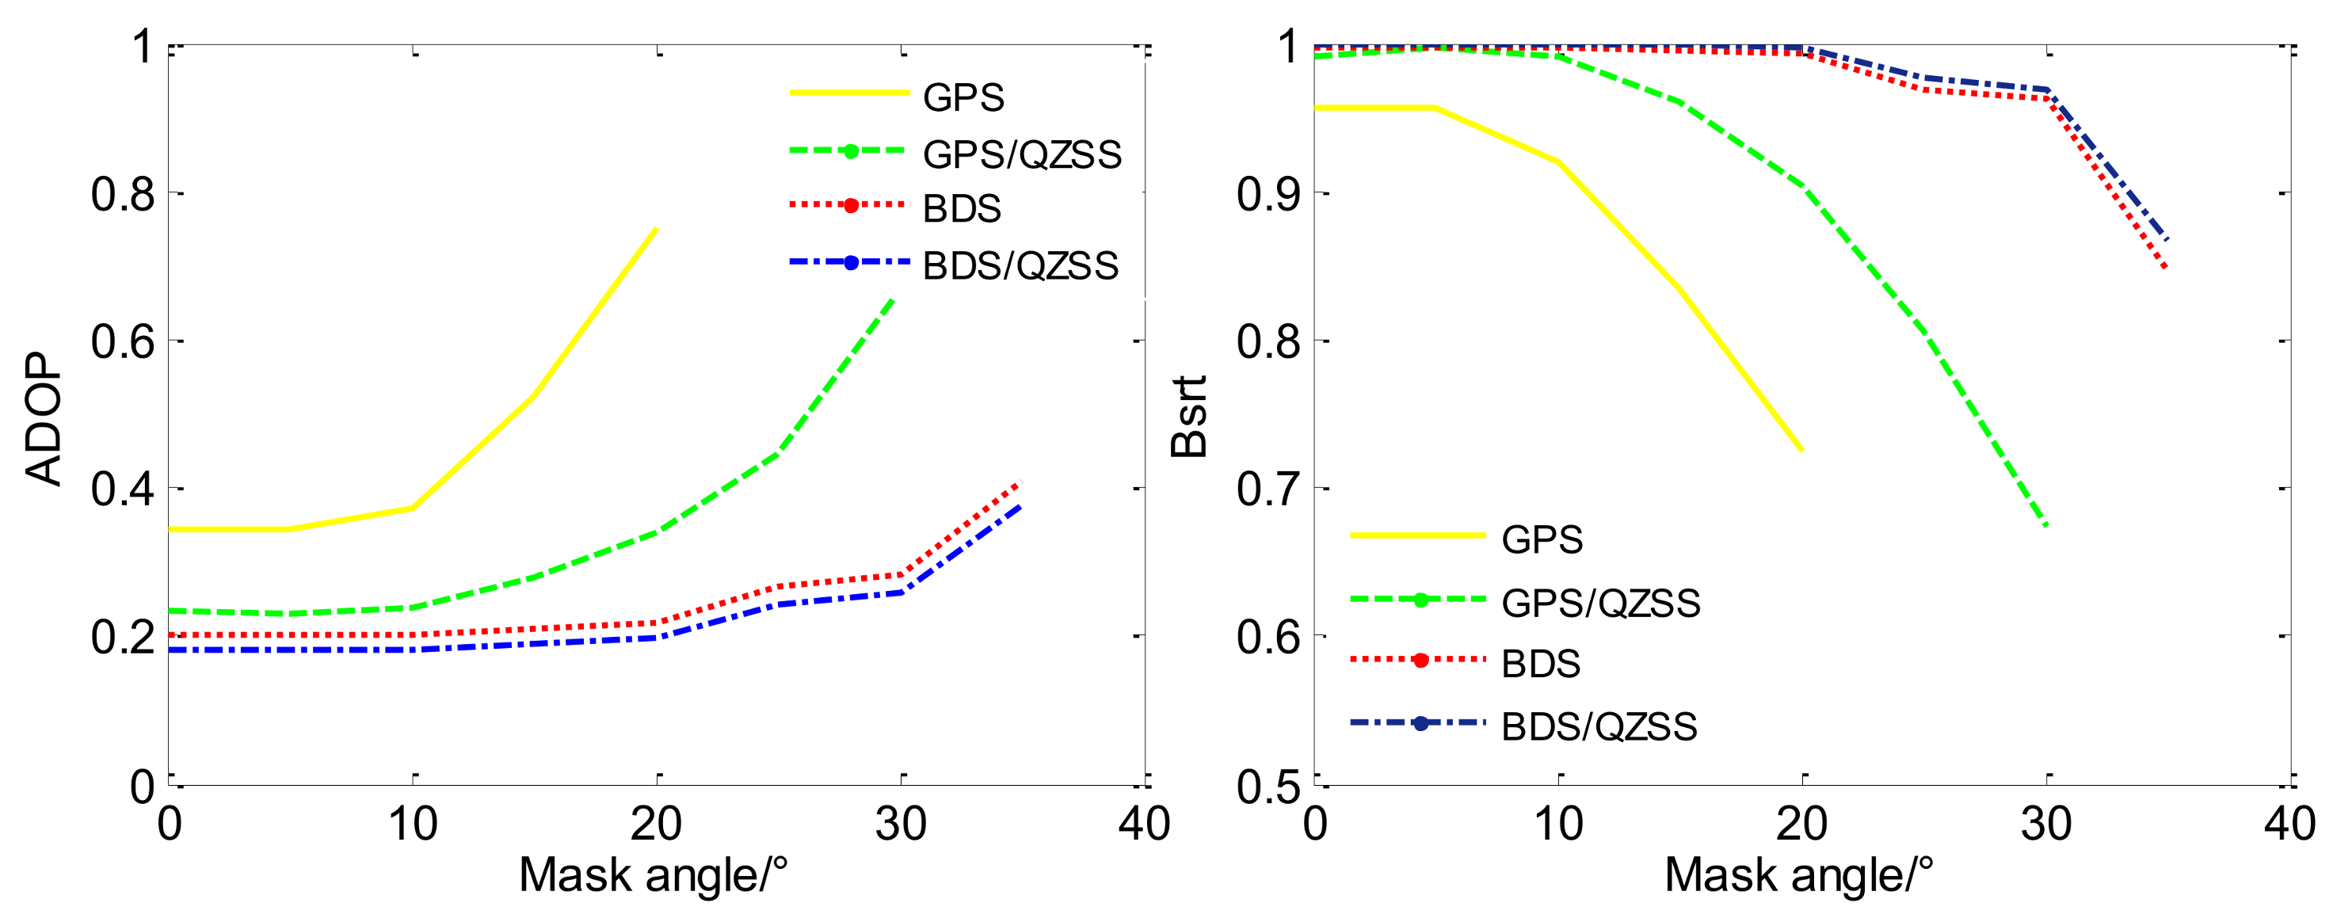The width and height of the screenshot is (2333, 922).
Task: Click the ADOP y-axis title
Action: (x=44, y=418)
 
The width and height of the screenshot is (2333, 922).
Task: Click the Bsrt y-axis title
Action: (x=1189, y=417)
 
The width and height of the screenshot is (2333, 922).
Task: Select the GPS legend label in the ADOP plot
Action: (x=963, y=97)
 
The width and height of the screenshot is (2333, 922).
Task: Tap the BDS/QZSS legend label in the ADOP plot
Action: (x=1020, y=266)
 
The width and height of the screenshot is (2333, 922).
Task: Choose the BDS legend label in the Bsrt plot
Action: (x=1541, y=664)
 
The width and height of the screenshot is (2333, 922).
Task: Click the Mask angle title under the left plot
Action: (x=653, y=876)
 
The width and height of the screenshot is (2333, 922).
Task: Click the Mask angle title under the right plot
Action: (x=1798, y=876)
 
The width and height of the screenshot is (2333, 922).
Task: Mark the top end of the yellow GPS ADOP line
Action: (x=656, y=229)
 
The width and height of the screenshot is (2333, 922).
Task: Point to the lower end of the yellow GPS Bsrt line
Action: (x=1801, y=450)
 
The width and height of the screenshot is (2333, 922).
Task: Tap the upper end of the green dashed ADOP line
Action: (x=894, y=297)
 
